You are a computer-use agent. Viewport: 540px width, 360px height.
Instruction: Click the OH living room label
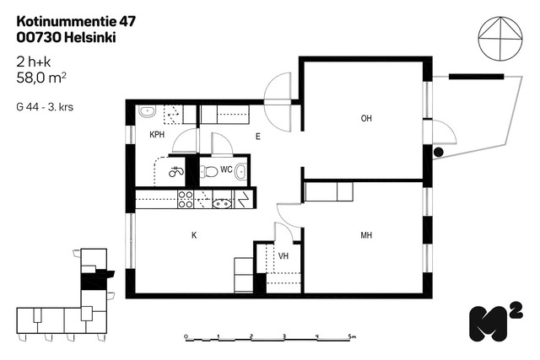coord(366,118)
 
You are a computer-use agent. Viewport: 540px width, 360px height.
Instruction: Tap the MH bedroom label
coord(366,235)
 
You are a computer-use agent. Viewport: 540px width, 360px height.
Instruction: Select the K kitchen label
coord(194,235)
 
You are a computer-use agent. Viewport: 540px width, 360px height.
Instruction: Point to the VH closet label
coord(283,256)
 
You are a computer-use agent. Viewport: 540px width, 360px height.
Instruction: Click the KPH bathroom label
coord(157,135)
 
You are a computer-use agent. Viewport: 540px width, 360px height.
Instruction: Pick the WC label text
coord(226,169)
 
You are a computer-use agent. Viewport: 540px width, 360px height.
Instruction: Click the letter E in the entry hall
coord(258,137)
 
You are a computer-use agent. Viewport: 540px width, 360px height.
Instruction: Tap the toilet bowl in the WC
coord(209,171)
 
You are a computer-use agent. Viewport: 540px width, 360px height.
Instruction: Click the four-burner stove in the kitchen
coord(186,200)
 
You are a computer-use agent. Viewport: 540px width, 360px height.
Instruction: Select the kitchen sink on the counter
coord(222,203)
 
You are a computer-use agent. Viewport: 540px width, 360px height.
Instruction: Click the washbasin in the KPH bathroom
coord(148,111)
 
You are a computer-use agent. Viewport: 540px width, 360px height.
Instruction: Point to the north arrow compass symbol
coord(500,39)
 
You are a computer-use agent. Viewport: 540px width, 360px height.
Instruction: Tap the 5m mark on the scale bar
coord(352,336)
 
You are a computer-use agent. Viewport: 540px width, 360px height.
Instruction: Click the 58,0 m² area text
coord(41,78)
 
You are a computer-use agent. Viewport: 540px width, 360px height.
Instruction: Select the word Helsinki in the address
coord(90,37)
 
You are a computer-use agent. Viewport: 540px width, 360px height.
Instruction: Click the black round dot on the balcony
coord(439,152)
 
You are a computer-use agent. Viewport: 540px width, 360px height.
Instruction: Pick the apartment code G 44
coord(27,107)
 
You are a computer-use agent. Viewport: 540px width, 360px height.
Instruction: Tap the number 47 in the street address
coord(127,22)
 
